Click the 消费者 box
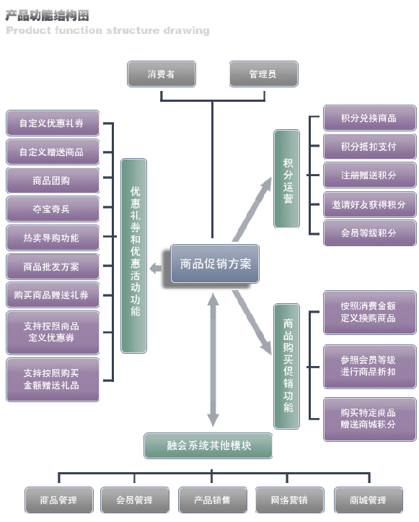(162, 74)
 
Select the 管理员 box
(264, 74)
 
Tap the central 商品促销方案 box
(215, 264)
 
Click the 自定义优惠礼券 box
(53, 123)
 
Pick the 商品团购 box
(53, 180)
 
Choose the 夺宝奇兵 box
(53, 209)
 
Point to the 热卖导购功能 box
(53, 238)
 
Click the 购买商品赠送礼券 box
(53, 295)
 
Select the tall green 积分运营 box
(286, 179)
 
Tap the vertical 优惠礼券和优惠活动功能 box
(133, 256)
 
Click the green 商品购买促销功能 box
(286, 366)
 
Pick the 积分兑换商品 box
(370, 118)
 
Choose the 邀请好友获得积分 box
(370, 204)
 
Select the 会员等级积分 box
(370, 233)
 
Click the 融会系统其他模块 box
(208, 445)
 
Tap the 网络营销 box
(290, 500)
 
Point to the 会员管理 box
(135, 500)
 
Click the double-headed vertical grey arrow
(213, 360)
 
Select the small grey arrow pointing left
(156, 268)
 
